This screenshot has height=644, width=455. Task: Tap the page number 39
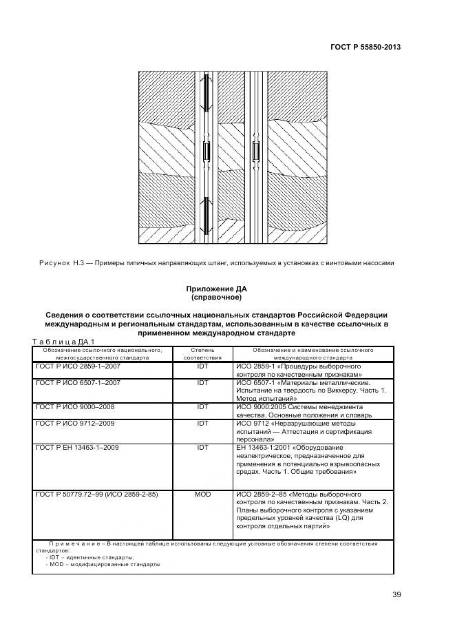(396, 594)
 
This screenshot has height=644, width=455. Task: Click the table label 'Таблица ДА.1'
(63, 341)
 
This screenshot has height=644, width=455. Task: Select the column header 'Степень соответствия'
(202, 354)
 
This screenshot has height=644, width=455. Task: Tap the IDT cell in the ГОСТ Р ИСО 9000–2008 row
(202, 407)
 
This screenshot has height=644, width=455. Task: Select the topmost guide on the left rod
(205, 92)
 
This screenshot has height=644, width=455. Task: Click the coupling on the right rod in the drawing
(256, 152)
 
